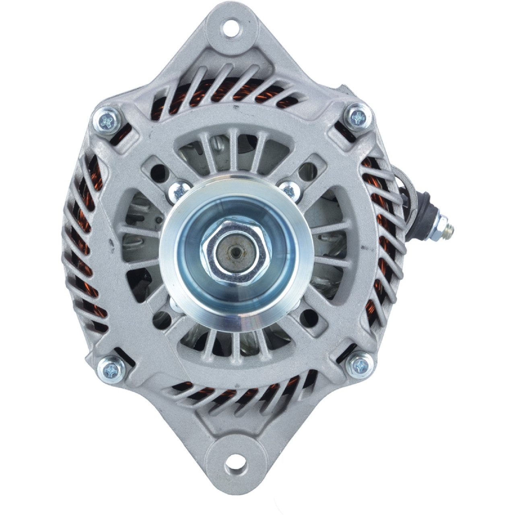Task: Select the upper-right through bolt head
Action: [x=358, y=117]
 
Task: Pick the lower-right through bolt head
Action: [x=359, y=365]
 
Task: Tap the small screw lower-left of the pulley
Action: [x=176, y=306]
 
